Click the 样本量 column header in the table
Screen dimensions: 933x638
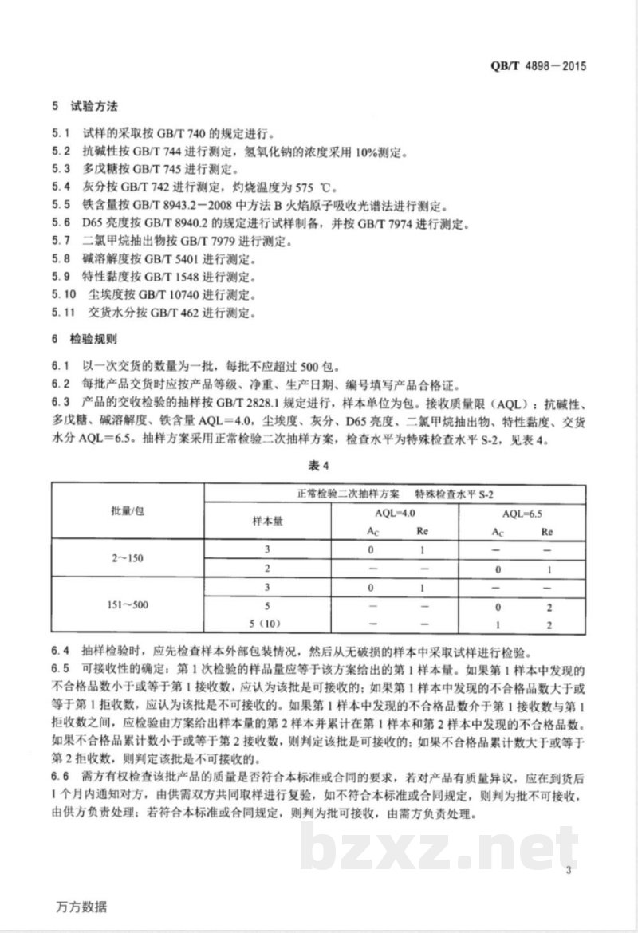tap(268, 520)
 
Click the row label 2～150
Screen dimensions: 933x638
tap(128, 558)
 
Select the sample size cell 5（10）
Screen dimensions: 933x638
tap(268, 623)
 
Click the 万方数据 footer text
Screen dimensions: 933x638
tap(85, 908)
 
